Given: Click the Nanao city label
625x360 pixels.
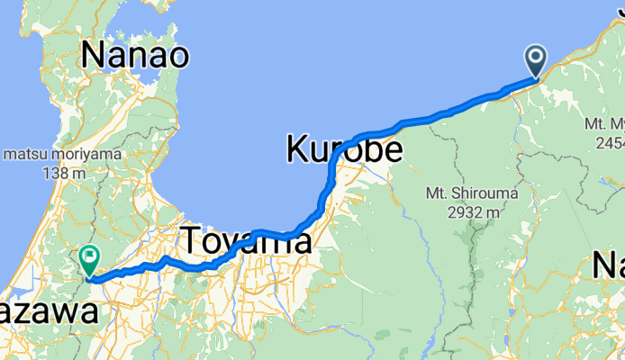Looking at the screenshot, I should [x=135, y=56].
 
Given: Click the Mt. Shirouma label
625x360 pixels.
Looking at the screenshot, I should [x=463, y=193].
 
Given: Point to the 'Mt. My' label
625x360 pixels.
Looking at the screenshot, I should [x=603, y=123].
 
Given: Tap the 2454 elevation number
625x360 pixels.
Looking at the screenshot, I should [x=607, y=142].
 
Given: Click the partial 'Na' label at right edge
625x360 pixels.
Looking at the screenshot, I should [x=609, y=266].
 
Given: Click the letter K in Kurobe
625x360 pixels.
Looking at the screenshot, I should [x=299, y=148].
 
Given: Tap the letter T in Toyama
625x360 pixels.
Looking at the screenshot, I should [x=193, y=241].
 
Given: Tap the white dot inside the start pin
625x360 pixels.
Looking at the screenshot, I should [x=536, y=58].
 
